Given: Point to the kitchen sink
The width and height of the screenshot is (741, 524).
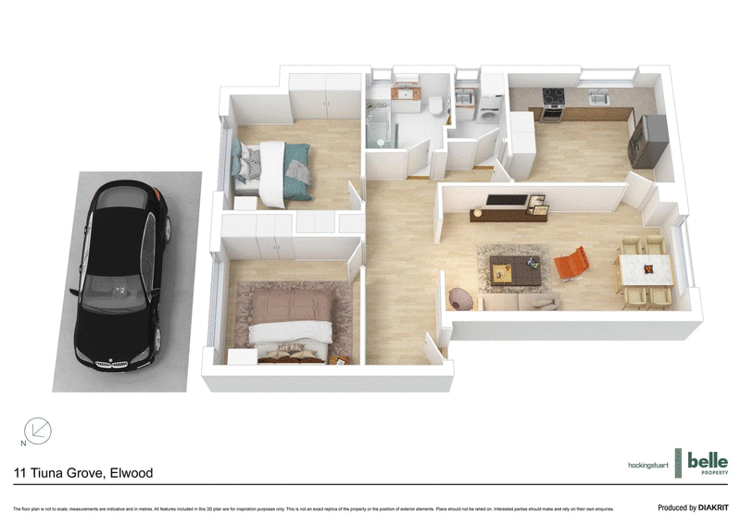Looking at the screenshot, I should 597,95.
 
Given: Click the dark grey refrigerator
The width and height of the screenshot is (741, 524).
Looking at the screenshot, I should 646,139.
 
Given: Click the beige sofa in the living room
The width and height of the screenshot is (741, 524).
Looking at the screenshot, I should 519,302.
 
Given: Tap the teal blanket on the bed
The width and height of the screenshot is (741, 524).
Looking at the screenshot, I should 298,157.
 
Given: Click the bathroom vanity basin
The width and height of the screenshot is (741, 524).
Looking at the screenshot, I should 403,95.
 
